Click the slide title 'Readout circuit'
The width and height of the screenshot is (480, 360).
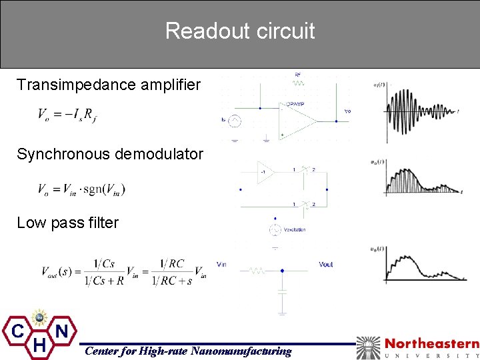(x=240, y=31)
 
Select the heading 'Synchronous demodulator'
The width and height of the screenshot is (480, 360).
(x=110, y=154)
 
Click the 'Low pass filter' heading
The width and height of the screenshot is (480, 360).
(x=67, y=223)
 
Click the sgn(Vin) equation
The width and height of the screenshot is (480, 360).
(x=82, y=189)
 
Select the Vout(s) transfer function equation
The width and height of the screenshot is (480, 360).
(x=124, y=273)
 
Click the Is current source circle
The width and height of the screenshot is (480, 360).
(x=234, y=121)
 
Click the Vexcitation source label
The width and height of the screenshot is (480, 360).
(x=294, y=229)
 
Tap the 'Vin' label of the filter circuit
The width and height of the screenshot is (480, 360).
(x=221, y=265)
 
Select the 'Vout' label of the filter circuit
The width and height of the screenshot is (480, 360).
(x=326, y=265)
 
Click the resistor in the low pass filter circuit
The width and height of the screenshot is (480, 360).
(x=257, y=271)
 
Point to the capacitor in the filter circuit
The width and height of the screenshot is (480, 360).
(x=282, y=291)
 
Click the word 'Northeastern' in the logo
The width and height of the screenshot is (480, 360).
(x=431, y=344)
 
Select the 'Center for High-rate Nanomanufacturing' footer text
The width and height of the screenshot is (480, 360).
(x=187, y=351)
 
